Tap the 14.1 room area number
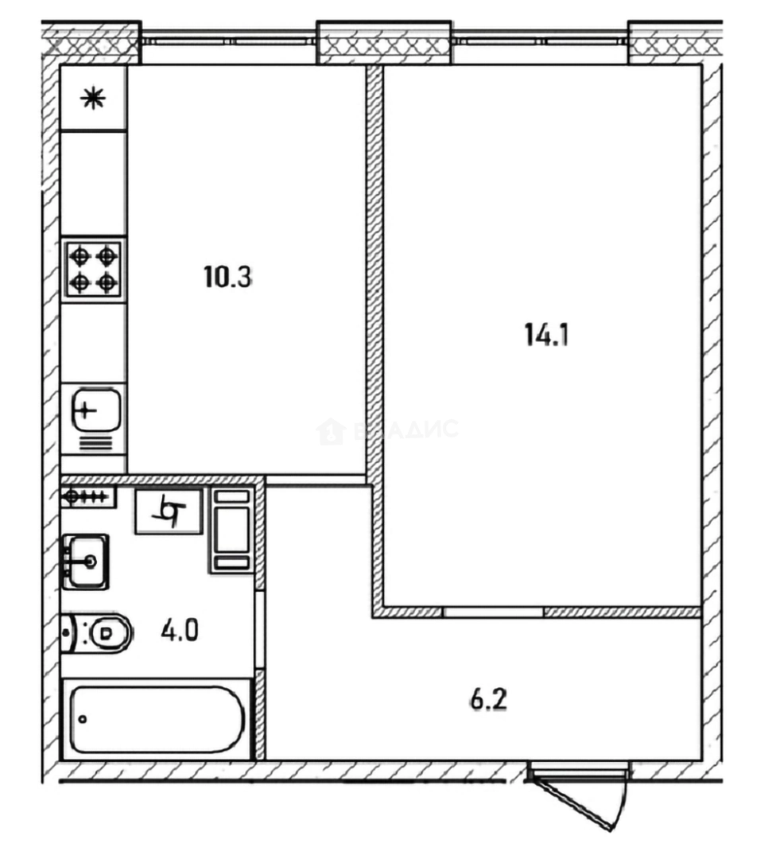(x=546, y=335)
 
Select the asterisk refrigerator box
(x=94, y=99)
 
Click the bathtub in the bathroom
(x=157, y=720)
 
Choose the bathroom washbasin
(x=86, y=561)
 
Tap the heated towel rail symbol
(x=88, y=497)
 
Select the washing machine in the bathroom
(x=230, y=530)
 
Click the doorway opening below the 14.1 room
(x=493, y=612)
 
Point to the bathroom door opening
(x=260, y=630)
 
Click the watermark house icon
(x=330, y=431)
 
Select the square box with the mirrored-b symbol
(x=169, y=511)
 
